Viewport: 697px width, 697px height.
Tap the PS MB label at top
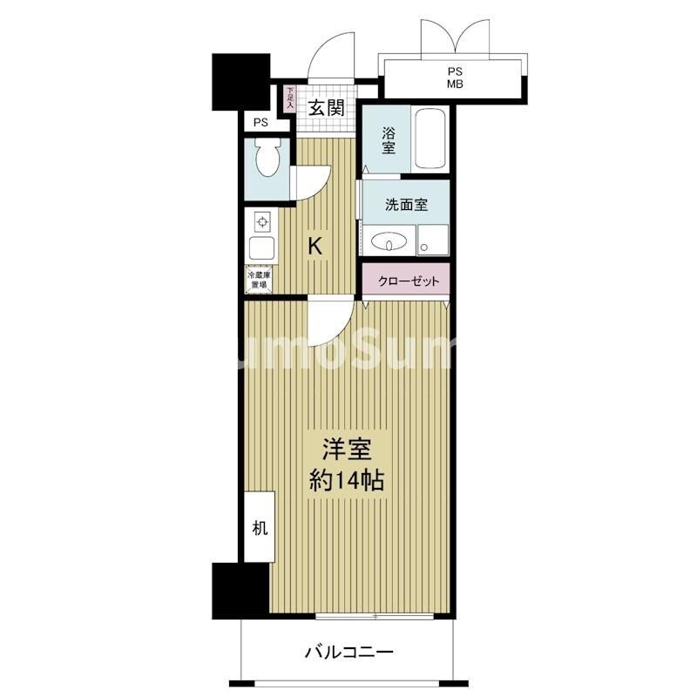pos(455,78)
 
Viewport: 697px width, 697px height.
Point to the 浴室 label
pos(389,141)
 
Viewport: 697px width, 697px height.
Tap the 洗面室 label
pos(406,206)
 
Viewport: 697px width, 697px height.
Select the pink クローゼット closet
pos(406,281)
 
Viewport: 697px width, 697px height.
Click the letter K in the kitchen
pos(316,247)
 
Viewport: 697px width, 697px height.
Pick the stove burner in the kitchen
pos(261,221)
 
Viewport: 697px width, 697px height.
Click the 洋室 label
pos(348,450)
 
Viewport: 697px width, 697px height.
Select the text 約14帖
pos(348,480)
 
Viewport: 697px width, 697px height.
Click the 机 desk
pos(260,527)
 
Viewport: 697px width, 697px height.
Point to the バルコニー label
pos(348,651)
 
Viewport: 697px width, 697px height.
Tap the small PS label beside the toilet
pos(261,124)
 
